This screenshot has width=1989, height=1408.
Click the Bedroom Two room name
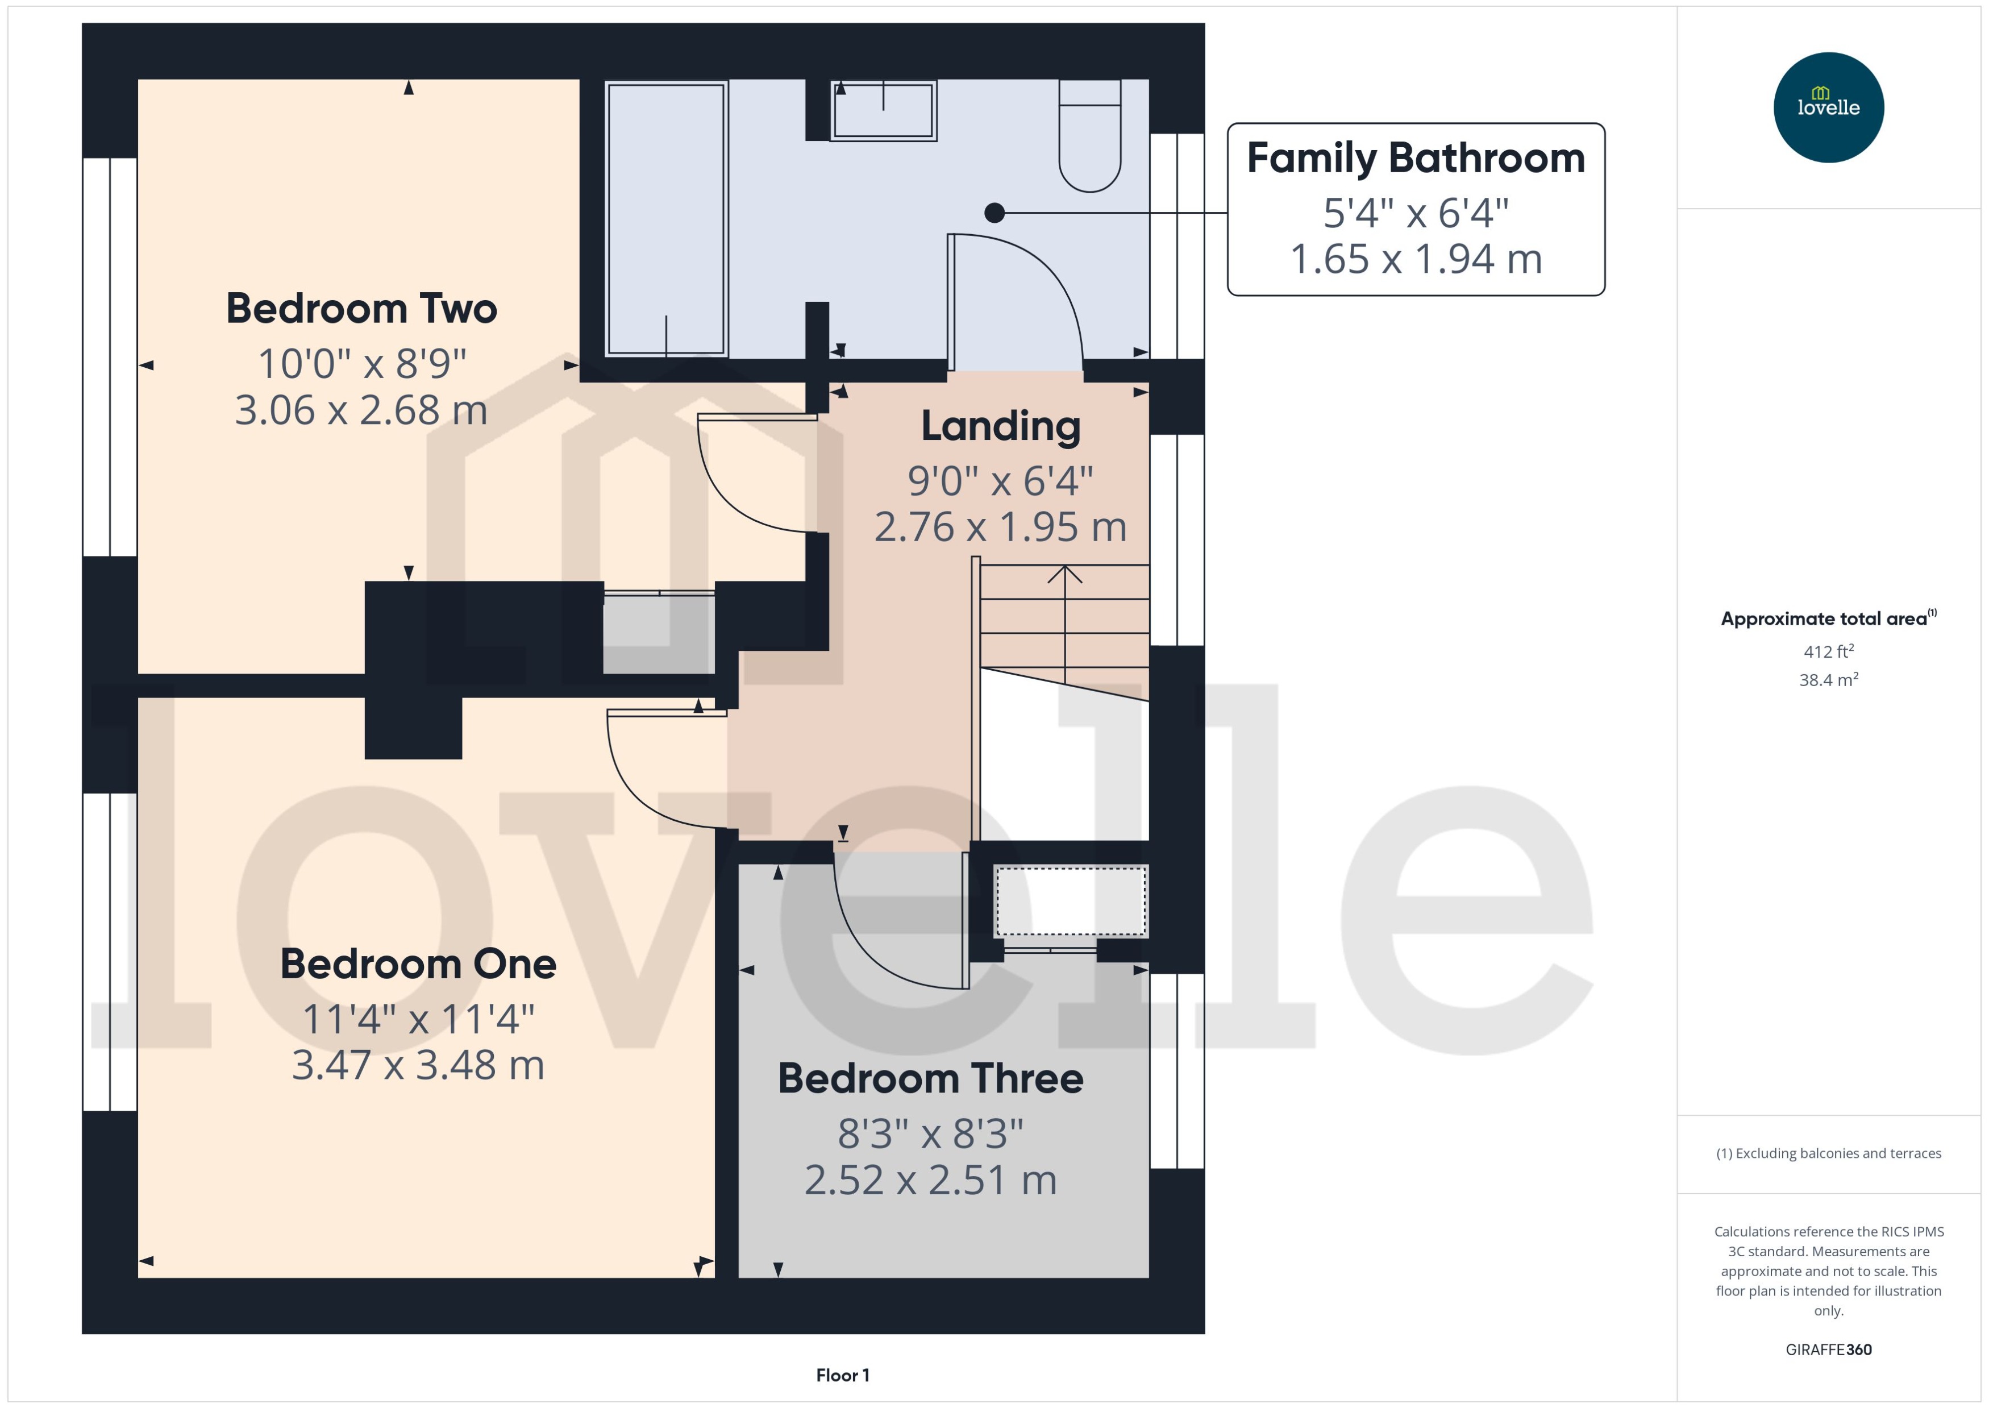coord(361,309)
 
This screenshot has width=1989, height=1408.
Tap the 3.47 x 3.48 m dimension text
coord(418,1066)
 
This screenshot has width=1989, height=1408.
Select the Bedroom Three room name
coord(930,1078)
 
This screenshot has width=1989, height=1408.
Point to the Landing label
coord(1000,426)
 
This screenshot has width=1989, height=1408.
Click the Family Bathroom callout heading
coord(1415,158)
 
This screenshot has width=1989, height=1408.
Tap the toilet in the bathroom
coord(1089,139)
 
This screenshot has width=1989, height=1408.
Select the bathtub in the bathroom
coord(665,218)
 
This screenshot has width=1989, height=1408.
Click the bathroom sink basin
coord(883,111)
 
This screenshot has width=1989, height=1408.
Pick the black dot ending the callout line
coord(994,213)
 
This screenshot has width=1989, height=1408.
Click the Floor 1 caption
coord(842,1375)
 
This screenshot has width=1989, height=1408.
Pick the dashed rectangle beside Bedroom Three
coord(1070,902)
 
